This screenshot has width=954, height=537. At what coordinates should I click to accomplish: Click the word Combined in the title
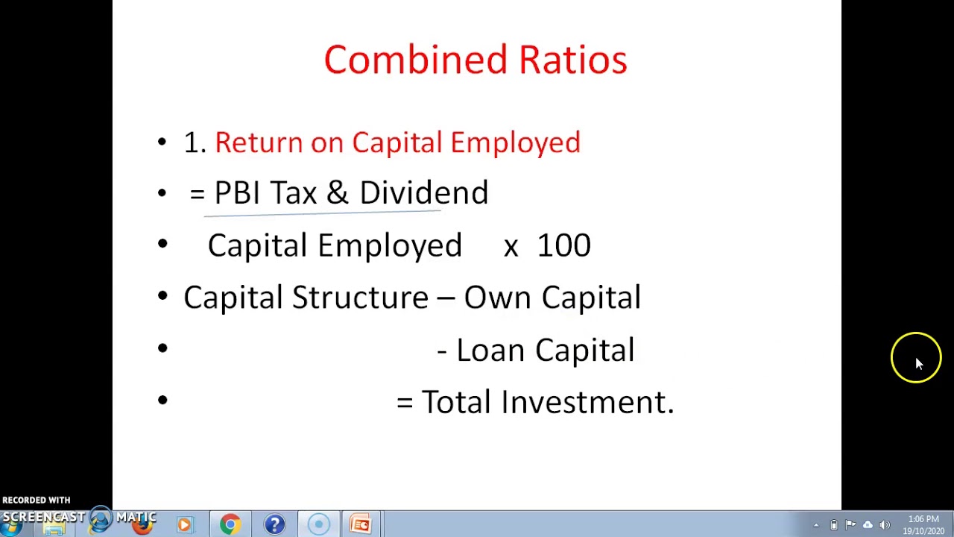[x=414, y=60]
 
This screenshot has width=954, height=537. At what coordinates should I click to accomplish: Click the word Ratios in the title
[x=572, y=60]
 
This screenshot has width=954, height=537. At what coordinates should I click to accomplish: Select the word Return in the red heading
[x=258, y=142]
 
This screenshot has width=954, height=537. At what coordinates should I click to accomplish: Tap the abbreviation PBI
[x=236, y=193]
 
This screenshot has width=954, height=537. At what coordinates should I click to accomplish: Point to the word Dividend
[x=423, y=193]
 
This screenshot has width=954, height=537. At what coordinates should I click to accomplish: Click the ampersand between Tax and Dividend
[x=337, y=193]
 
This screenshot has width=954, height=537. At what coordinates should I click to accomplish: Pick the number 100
[x=563, y=245]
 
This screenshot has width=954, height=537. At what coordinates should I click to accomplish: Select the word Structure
[x=360, y=298]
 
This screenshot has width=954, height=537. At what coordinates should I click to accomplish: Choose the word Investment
[x=587, y=402]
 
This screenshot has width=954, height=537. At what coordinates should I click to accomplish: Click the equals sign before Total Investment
[x=405, y=403]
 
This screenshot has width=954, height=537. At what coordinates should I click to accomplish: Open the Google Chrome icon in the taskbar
[x=230, y=524]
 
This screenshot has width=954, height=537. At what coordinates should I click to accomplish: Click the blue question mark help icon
[x=274, y=524]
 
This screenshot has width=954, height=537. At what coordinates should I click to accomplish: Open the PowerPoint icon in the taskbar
[x=361, y=524]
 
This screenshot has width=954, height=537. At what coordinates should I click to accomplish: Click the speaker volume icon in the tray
[x=885, y=525]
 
